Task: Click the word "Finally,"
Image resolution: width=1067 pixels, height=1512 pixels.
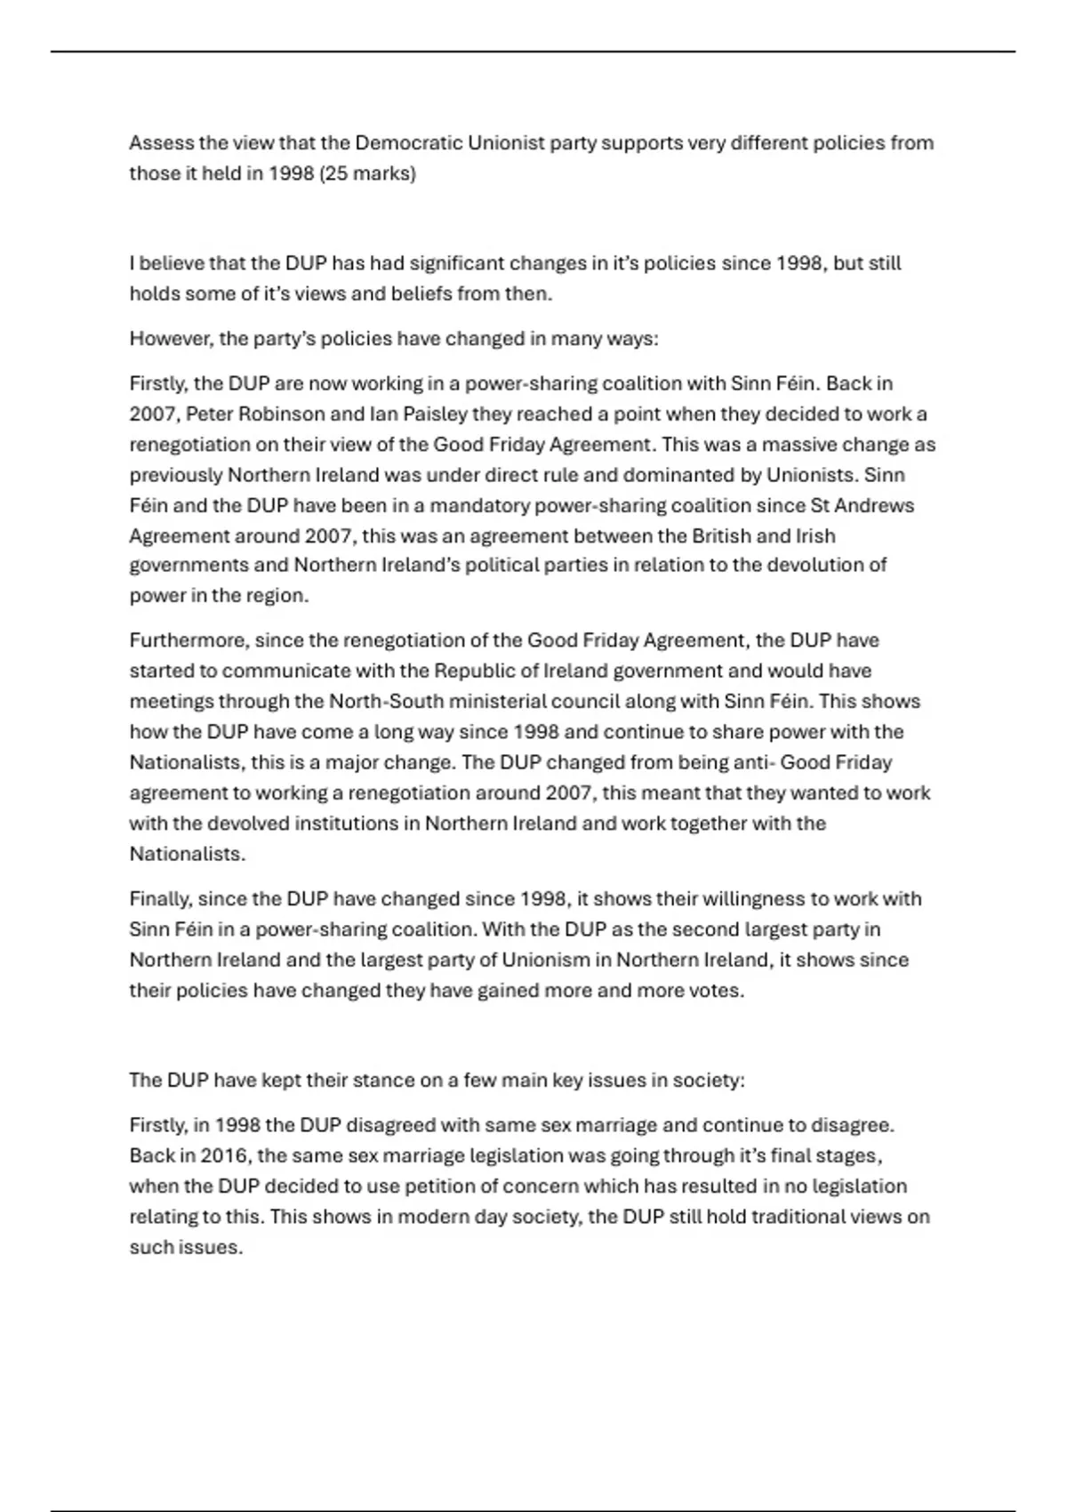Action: click(160, 899)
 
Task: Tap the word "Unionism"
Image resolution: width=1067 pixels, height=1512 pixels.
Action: click(545, 961)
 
